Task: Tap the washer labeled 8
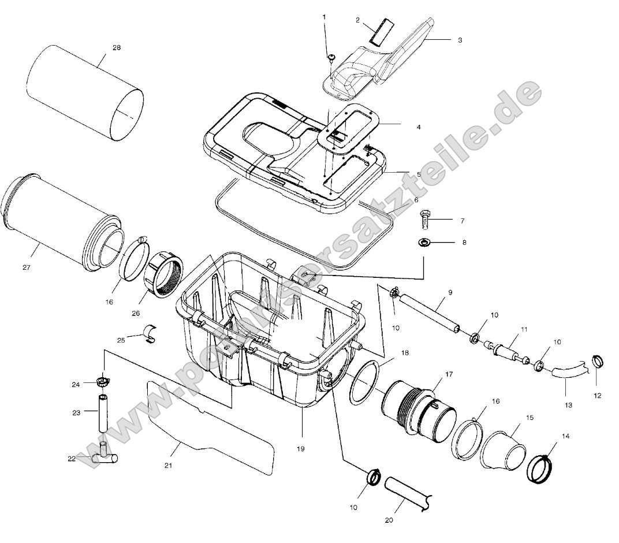[424, 241]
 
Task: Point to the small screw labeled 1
[332, 57]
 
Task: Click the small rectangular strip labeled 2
[381, 30]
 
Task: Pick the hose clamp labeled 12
[599, 363]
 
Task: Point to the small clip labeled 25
[151, 333]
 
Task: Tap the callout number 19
[300, 448]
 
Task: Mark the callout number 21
[168, 464]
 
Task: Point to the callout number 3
[460, 40]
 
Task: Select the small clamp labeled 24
[103, 382]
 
